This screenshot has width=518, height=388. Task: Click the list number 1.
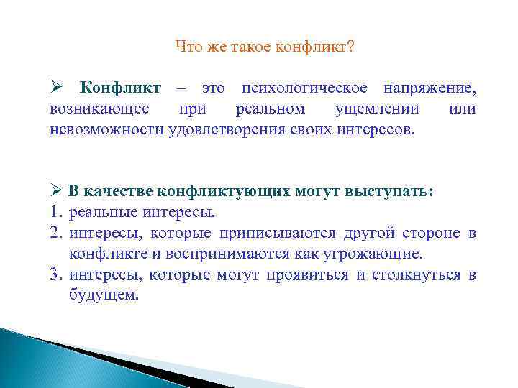(x=56, y=213)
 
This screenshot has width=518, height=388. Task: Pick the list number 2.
(x=56, y=234)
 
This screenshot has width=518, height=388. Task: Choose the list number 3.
(x=56, y=275)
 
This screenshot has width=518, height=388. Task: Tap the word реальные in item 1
(x=101, y=213)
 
